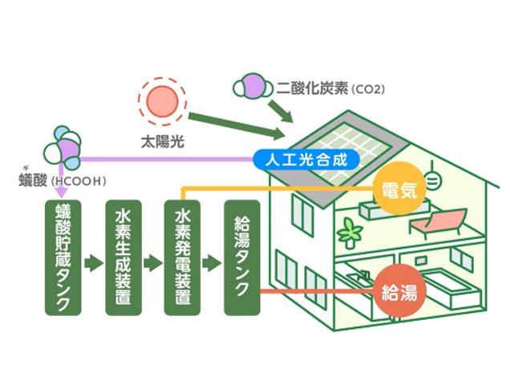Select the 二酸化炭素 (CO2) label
330,88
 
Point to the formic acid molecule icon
63,148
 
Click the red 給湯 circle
399,290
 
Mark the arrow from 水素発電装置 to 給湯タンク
212,263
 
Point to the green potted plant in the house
350,233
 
